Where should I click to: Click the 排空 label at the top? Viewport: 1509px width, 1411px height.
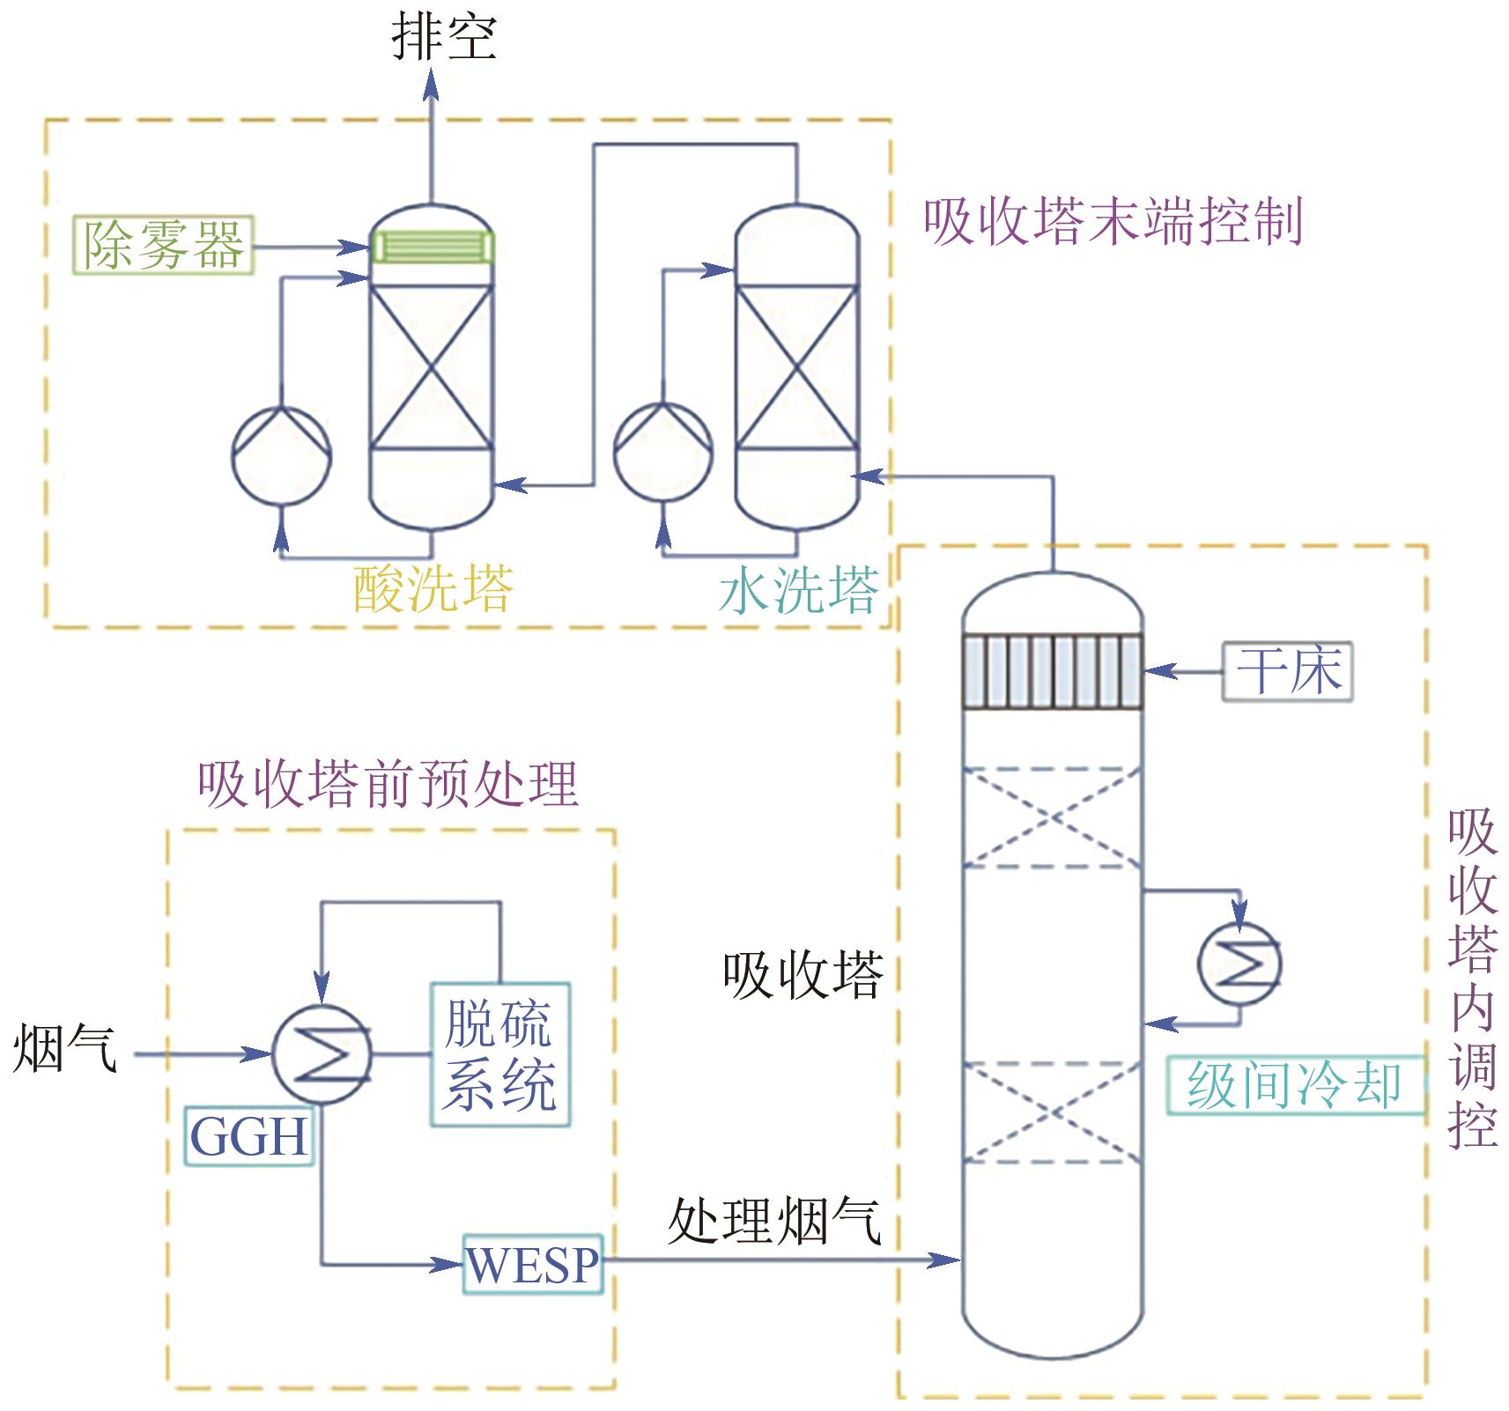[x=444, y=37]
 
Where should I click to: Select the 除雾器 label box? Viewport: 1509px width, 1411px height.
[x=164, y=245]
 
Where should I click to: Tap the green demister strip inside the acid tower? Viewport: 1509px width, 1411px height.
[x=432, y=246]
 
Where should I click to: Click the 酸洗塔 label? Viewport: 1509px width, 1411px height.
[x=433, y=588]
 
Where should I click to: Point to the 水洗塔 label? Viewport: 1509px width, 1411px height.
[x=799, y=589]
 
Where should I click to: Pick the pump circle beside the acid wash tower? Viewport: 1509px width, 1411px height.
[x=281, y=455]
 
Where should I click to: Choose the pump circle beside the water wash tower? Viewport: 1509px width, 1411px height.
[x=662, y=454]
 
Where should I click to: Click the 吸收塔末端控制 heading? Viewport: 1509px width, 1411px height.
[x=1113, y=221]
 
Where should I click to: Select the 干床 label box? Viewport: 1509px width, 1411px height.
[x=1287, y=671]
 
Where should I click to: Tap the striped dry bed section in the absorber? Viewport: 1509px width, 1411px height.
[x=1053, y=671]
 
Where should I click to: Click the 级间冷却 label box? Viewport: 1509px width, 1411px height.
[x=1294, y=1085]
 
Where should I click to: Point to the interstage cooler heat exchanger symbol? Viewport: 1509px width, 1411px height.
[x=1239, y=964]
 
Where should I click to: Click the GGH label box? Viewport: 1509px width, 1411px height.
[x=249, y=1137]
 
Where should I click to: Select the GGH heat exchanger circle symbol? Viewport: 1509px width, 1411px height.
[x=322, y=1053]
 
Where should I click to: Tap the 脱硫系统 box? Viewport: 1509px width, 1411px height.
[x=499, y=1054]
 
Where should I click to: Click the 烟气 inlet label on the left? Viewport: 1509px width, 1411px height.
[x=64, y=1048]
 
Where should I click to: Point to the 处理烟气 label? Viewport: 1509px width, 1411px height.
[x=774, y=1221]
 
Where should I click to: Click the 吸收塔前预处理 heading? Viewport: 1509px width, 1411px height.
[x=388, y=783]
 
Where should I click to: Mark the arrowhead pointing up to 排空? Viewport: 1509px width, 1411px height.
[x=432, y=84]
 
